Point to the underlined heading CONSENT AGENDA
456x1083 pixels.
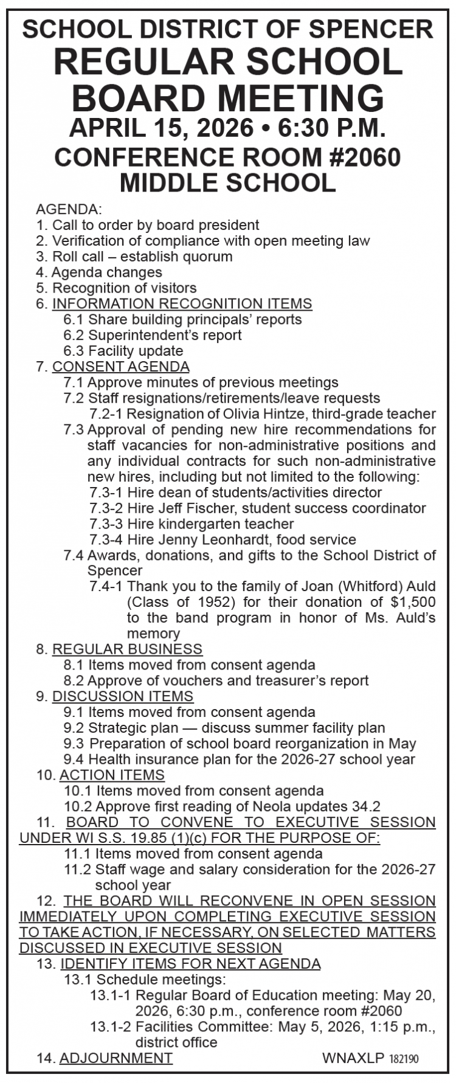pyautogui.click(x=120, y=367)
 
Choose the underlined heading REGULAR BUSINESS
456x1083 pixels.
pyautogui.click(x=127, y=649)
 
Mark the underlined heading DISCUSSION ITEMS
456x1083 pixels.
pyautogui.click(x=123, y=696)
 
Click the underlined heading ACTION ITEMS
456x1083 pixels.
pyautogui.click(x=112, y=775)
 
